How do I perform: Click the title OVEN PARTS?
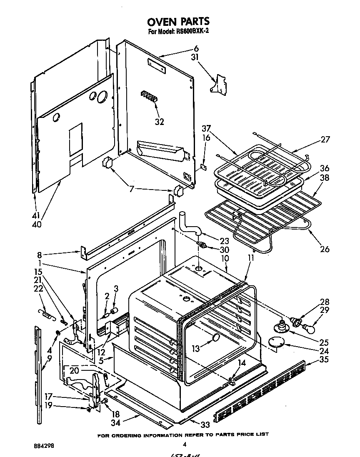pos(178,21)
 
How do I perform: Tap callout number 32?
pos(159,122)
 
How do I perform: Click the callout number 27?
pos(325,140)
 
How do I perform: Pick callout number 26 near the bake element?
pos(325,249)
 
